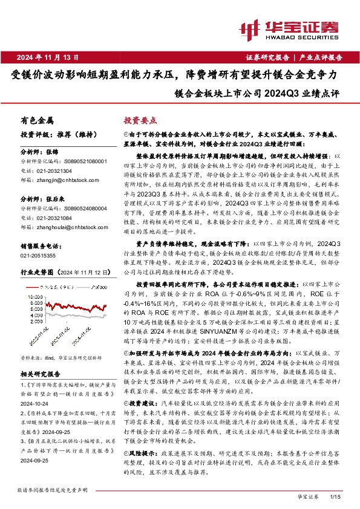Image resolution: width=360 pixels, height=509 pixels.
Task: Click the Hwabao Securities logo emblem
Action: [x=249, y=29]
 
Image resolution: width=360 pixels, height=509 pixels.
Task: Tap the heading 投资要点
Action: [x=139, y=120]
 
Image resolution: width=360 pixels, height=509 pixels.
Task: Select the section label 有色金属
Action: [x=37, y=120]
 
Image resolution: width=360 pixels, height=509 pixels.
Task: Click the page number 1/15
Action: [x=336, y=496]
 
